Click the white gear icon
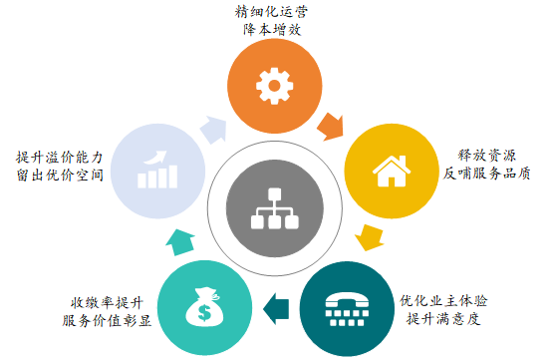point(270,84)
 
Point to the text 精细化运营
point(271,12)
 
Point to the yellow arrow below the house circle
point(369,237)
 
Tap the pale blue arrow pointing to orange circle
point(211,128)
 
